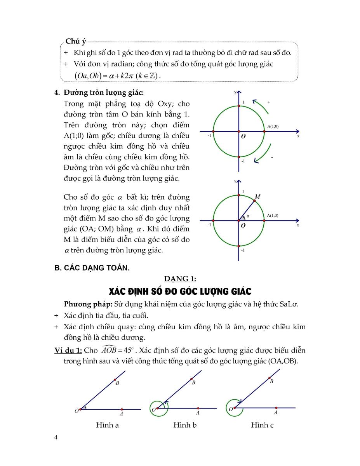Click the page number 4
point(56,438)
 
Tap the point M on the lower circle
point(254,201)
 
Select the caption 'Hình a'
point(107,425)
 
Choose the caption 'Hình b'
point(185,425)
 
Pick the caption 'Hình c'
point(262,425)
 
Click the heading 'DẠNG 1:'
point(180,278)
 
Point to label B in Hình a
point(117,384)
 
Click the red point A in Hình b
point(198,408)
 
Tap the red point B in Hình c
point(270,377)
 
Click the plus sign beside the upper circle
point(269,102)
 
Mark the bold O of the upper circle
point(243,137)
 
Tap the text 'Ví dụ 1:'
point(68,351)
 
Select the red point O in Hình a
point(80,409)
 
